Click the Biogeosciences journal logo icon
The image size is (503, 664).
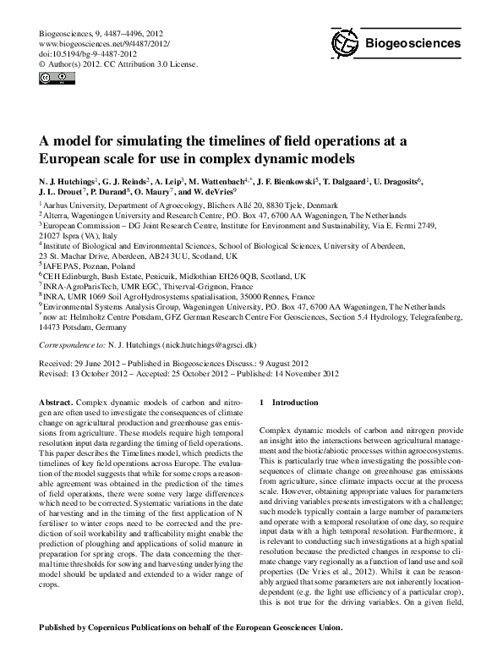coord(346,42)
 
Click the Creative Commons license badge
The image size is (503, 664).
coord(52,79)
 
